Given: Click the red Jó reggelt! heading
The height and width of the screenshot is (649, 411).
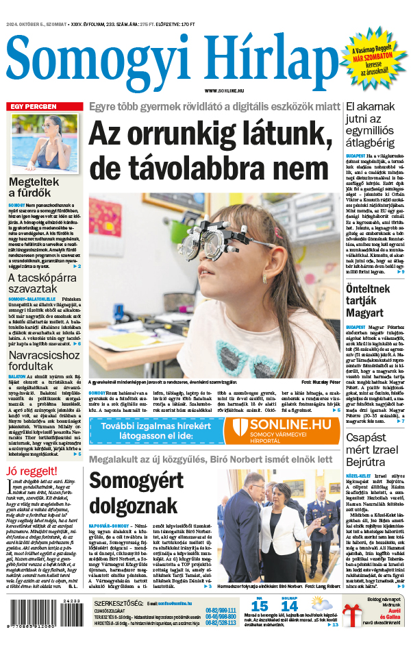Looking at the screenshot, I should coord(29,471).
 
